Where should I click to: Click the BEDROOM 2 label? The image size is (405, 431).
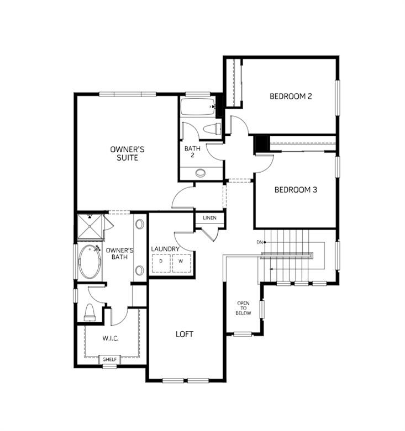click(291, 96)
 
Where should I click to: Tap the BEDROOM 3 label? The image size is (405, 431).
click(296, 190)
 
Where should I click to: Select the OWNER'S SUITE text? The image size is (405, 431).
click(128, 153)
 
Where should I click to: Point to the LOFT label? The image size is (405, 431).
click(185, 334)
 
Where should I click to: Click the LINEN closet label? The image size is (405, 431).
click(209, 218)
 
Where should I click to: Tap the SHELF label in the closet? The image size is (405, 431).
click(109, 359)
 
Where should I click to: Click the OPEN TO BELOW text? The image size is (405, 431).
click(244, 308)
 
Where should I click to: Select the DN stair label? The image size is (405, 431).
click(259, 243)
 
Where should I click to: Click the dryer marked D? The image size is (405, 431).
click(161, 263)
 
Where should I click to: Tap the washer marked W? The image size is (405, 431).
click(181, 263)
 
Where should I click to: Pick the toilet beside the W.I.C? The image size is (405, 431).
click(90, 312)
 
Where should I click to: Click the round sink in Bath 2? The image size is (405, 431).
click(200, 173)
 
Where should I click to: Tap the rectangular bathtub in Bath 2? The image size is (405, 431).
click(197, 107)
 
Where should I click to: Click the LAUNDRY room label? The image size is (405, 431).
click(165, 249)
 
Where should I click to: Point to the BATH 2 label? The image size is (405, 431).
click(192, 151)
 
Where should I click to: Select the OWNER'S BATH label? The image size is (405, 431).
click(117, 253)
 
